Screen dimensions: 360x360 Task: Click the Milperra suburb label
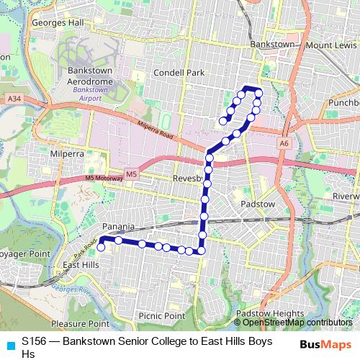click(x=67, y=153)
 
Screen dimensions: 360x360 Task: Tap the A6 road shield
click(x=284, y=143)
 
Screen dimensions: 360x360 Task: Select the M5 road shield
click(x=131, y=174)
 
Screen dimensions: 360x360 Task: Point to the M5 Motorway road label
click(x=99, y=178)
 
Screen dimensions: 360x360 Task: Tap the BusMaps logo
click(x=325, y=343)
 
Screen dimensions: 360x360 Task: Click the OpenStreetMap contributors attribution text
click(x=292, y=322)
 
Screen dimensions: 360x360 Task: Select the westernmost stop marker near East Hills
click(x=101, y=247)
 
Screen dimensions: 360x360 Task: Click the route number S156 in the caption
click(x=35, y=343)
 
